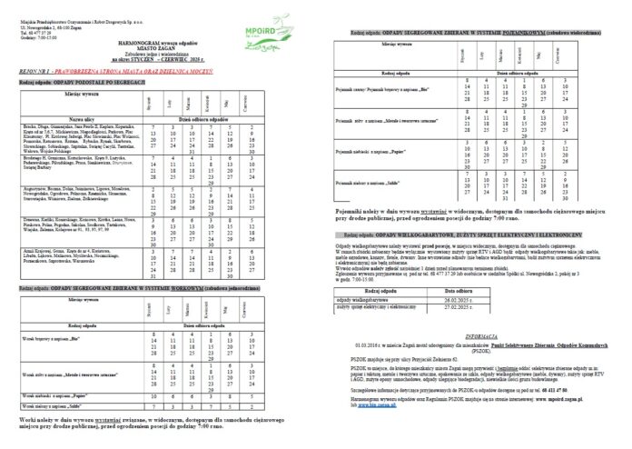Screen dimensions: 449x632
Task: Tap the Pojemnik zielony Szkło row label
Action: (x=371, y=184)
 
